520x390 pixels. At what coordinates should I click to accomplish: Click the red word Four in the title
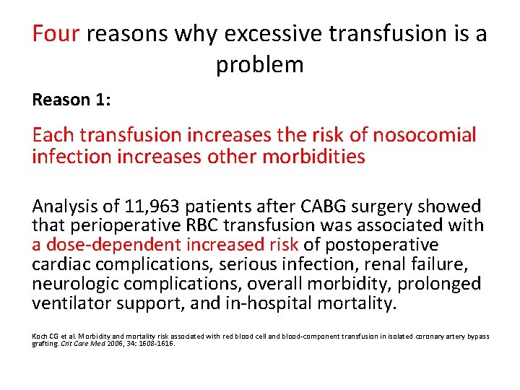point(56,34)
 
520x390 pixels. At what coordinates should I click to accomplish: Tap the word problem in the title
point(260,64)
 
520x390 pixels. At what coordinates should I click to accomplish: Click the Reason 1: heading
point(71,100)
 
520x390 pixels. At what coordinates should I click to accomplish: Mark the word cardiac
point(61,264)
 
